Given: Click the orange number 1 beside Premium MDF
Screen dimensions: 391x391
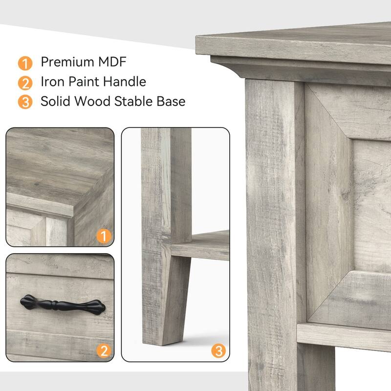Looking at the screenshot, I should pos(25,63).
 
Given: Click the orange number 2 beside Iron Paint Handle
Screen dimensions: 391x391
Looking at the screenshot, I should pos(25,83).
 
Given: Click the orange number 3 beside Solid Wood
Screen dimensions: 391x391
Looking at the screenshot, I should pos(25,102).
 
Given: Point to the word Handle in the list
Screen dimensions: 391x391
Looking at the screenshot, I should pos(126,82).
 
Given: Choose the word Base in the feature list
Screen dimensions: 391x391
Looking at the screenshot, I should pos(170,101).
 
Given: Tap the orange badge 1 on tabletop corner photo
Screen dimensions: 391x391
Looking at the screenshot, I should pos(103,237).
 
